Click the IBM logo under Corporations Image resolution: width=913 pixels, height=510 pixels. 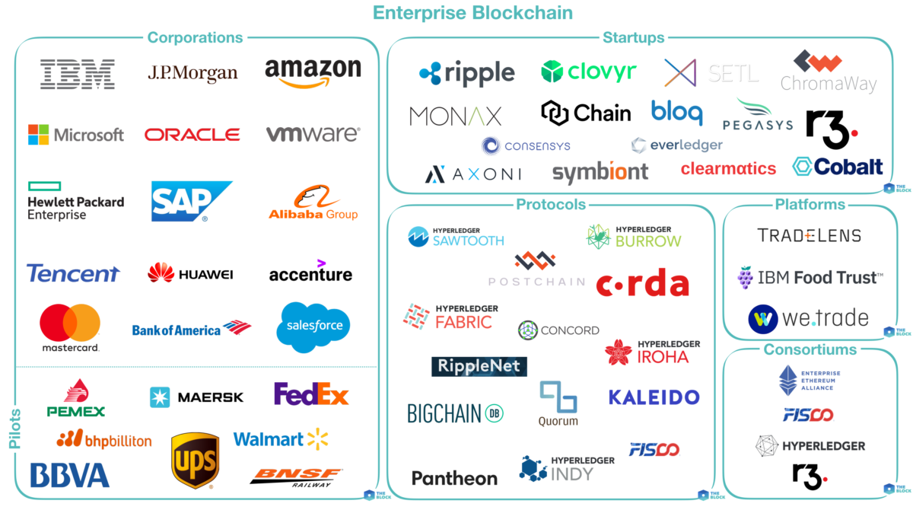[x=77, y=74]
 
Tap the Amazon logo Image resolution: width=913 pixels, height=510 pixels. [x=313, y=73]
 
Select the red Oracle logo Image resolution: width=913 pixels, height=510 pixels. [x=192, y=135]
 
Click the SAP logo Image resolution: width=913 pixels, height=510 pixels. [x=190, y=200]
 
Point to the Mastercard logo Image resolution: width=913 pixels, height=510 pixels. [x=70, y=328]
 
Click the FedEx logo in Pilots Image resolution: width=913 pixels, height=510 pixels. [x=311, y=394]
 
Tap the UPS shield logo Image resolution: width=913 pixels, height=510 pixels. [x=195, y=460]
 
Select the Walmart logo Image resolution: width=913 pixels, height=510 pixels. [x=280, y=439]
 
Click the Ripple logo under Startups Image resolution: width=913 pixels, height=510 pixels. [x=466, y=73]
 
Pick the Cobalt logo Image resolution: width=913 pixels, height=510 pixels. [x=838, y=166]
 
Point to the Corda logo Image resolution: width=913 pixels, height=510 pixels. [x=642, y=285]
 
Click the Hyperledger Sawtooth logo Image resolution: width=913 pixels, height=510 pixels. [x=456, y=236]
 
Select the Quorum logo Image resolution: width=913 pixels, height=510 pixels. [x=558, y=403]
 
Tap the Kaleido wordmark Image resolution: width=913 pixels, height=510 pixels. [x=654, y=397]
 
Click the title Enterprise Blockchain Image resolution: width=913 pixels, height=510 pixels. [x=472, y=12]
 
